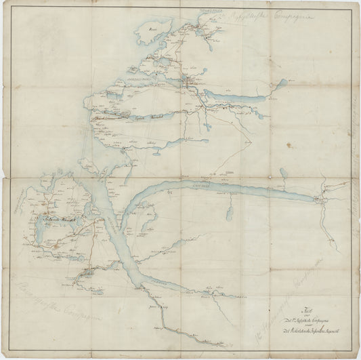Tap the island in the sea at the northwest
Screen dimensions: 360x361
146,32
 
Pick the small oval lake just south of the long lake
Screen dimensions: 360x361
230,214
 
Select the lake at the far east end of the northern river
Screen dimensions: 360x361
281,84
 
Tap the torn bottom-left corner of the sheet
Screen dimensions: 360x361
6,354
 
